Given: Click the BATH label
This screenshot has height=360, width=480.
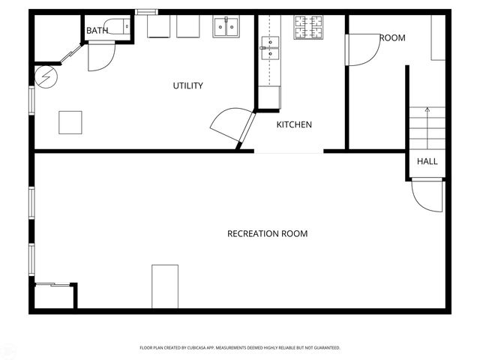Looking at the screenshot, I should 97,31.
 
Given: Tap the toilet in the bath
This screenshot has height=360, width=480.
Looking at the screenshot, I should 118,26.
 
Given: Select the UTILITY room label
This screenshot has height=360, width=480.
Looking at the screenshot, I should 187,85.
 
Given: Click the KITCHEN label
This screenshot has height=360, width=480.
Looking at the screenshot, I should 294,124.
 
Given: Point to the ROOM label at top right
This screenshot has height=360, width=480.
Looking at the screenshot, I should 391,37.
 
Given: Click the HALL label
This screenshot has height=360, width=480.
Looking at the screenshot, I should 427,161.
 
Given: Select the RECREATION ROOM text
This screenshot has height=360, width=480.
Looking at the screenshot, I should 267,234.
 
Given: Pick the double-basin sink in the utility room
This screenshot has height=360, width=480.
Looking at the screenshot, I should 226,27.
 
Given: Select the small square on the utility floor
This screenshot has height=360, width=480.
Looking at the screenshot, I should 70,122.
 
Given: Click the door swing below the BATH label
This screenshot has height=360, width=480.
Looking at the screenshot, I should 100,57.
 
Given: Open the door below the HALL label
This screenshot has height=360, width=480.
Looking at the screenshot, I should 424,196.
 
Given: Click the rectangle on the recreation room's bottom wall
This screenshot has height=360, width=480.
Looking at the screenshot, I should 165,286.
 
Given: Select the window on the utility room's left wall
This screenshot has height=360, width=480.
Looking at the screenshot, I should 31,100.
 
